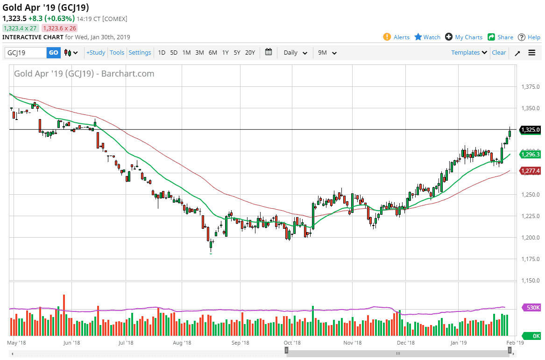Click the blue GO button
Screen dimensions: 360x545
point(54,53)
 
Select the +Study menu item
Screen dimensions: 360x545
point(96,53)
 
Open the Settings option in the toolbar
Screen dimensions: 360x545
point(140,53)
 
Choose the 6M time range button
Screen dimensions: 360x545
point(212,53)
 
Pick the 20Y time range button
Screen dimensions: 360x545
point(250,53)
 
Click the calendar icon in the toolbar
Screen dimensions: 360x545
point(269,52)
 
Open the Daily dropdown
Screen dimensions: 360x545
point(295,53)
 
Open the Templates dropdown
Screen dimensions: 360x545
point(469,53)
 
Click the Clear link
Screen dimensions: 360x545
point(499,53)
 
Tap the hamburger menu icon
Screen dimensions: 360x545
point(532,53)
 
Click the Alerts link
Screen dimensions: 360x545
point(396,37)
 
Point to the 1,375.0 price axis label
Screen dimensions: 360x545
point(530,87)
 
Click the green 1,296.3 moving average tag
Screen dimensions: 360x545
point(531,155)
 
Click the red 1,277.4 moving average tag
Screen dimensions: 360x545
point(531,171)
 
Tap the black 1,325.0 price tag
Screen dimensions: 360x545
point(531,130)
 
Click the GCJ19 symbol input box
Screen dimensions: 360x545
point(26,53)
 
